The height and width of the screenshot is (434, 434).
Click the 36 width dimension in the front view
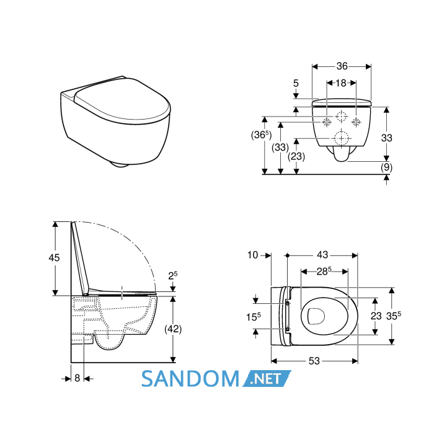pos(342,66)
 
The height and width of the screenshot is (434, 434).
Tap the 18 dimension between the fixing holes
pos(341,82)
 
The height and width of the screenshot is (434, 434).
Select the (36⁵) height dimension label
pos(261,135)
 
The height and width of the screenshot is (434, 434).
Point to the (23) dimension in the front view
pos(296,156)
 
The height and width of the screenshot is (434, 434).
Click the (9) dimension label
pos(386,167)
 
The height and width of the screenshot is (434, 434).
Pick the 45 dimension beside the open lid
pos(54,258)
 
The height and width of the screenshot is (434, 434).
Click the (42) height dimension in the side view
pos(173,329)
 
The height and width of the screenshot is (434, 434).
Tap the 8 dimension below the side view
pos(77,378)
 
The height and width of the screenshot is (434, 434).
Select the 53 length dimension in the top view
pos(314,361)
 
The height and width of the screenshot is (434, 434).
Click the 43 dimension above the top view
pos(322,255)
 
